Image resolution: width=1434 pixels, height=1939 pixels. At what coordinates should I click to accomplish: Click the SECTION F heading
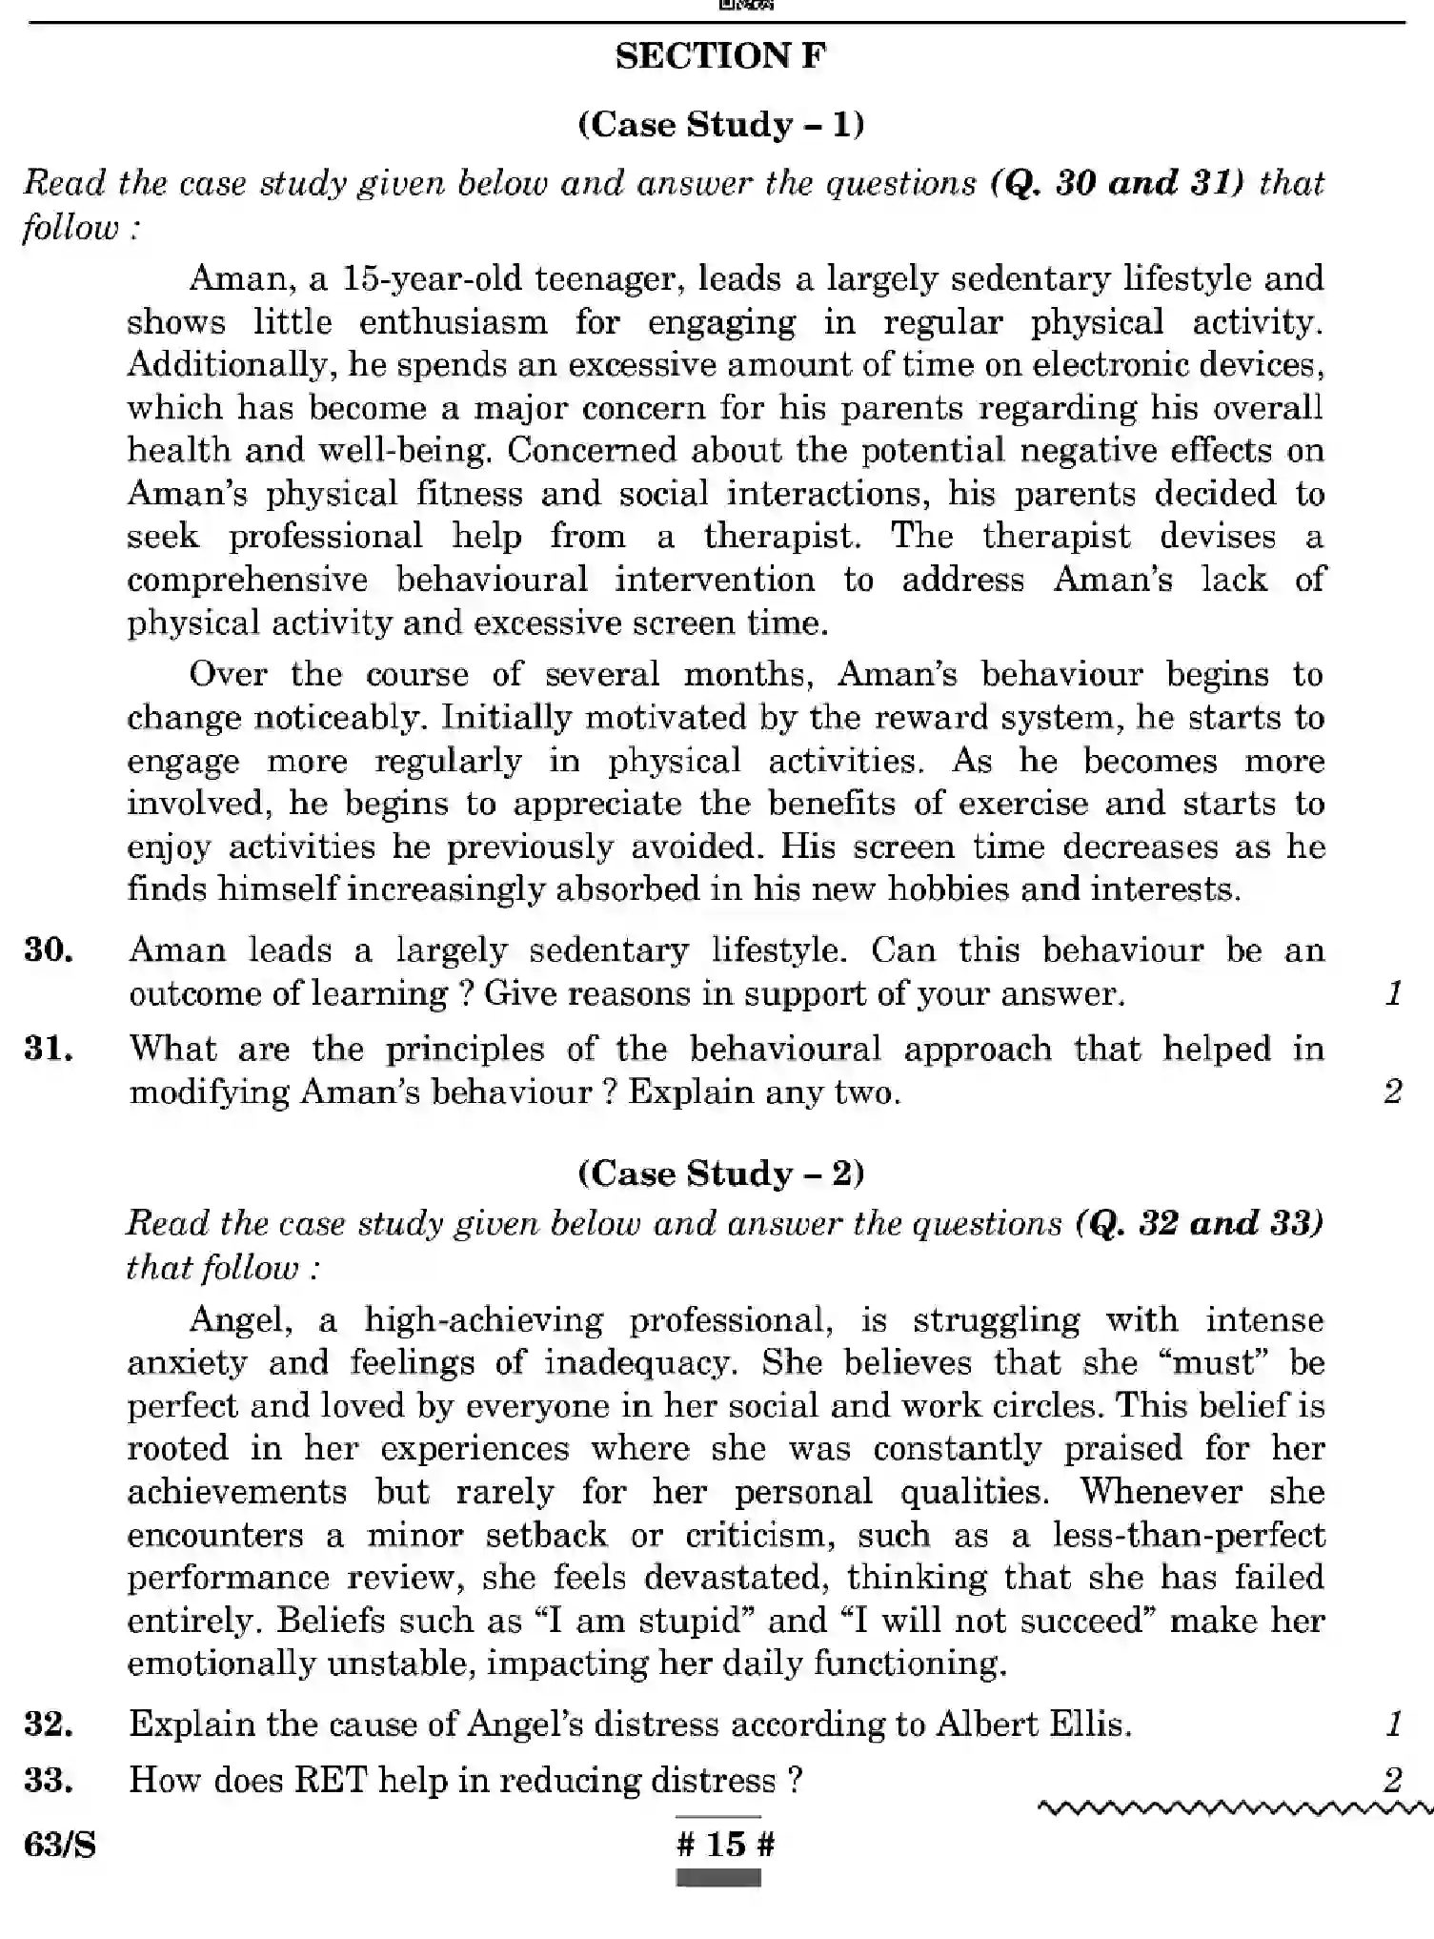(x=720, y=56)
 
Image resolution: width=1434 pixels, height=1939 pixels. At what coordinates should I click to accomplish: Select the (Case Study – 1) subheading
(x=720, y=125)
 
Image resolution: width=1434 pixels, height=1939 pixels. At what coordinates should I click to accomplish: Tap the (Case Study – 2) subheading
(x=720, y=1173)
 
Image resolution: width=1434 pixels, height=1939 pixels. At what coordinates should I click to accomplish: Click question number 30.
(x=49, y=949)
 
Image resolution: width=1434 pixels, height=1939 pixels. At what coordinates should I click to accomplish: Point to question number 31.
(x=49, y=1049)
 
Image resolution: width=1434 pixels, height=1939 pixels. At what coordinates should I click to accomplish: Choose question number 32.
(x=49, y=1724)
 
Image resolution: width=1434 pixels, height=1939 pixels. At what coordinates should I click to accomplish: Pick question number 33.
(x=49, y=1780)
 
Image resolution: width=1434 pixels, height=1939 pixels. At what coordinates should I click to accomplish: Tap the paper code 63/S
(x=59, y=1846)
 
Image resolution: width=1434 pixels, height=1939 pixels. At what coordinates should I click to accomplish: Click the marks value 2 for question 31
(x=1392, y=1092)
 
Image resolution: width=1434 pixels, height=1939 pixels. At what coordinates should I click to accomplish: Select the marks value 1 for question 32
(x=1393, y=1724)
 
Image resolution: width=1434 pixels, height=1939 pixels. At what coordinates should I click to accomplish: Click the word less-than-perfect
(x=1188, y=1535)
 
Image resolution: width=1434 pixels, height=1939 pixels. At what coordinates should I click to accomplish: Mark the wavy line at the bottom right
(x=1234, y=1807)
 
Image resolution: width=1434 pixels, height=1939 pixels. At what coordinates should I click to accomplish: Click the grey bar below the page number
(x=718, y=1878)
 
